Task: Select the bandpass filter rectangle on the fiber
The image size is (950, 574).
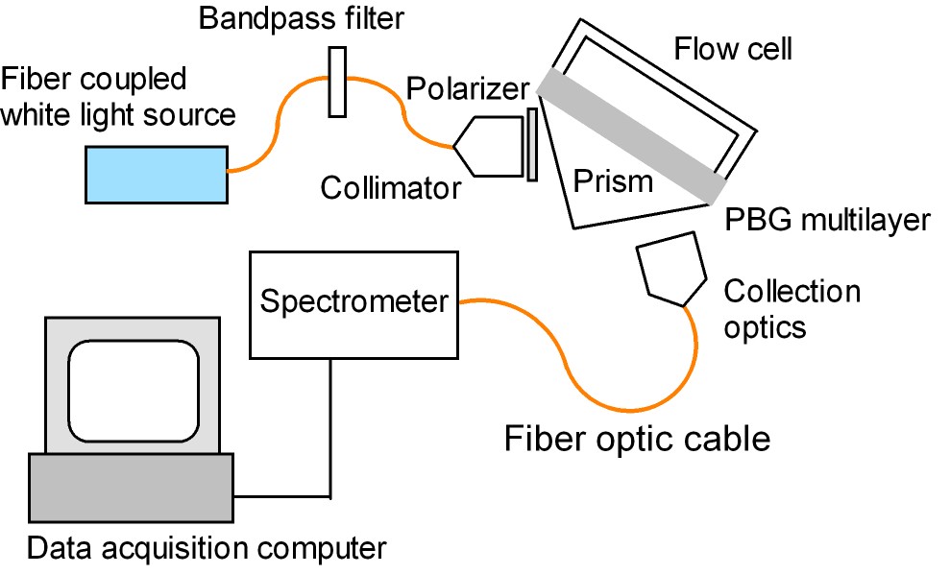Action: [x=336, y=82]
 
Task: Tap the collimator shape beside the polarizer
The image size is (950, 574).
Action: [x=488, y=146]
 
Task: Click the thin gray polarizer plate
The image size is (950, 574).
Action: [x=531, y=144]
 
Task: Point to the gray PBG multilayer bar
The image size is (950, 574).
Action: [x=629, y=134]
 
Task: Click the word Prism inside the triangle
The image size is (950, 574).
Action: [x=613, y=180]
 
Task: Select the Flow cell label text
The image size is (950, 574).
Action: [x=733, y=48]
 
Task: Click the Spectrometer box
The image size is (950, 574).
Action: [x=353, y=302]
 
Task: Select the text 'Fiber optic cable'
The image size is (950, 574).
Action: [x=638, y=439]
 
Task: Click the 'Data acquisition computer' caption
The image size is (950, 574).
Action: [x=207, y=550]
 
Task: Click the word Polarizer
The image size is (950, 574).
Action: [x=467, y=89]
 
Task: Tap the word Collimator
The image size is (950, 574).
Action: [x=391, y=187]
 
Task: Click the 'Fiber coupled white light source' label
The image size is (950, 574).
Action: [x=117, y=96]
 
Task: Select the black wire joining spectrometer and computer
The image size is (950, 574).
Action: [x=331, y=432]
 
